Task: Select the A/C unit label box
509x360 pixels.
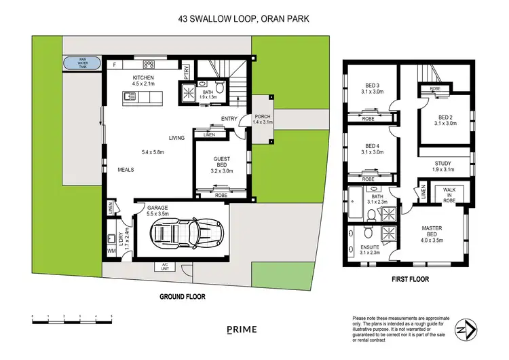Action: (164, 266)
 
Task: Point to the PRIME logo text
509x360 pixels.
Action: (242, 330)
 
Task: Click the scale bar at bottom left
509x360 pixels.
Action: (71, 318)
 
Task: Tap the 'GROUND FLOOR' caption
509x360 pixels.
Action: (182, 296)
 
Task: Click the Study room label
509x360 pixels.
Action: (442, 166)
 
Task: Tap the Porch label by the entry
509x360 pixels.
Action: (262, 119)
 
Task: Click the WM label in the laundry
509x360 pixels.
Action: (111, 252)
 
